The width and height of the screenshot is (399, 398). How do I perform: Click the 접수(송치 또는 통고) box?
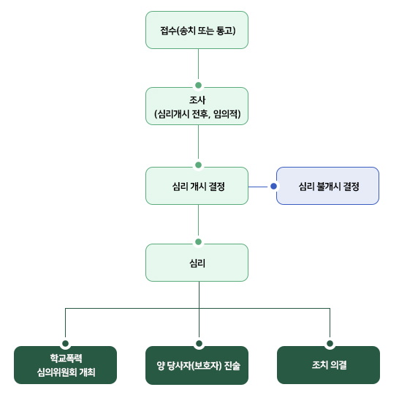197,30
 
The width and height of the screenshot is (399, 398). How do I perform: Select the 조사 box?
197,106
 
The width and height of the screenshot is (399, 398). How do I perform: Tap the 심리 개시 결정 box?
197,186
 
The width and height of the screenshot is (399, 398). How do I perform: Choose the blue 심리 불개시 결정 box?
327,186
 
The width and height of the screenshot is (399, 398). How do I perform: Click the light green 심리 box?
197,263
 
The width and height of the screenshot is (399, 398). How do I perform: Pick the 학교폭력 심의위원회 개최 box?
65,365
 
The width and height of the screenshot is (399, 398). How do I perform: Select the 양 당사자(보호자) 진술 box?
197,365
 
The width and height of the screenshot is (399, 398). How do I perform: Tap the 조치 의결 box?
328,365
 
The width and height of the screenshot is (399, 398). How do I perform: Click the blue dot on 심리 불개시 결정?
273,187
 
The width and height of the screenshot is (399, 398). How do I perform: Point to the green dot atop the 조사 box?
198,85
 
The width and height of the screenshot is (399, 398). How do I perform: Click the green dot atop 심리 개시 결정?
198,165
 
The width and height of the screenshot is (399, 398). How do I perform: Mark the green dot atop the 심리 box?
198,241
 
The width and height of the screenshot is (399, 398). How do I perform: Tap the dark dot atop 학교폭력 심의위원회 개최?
65,343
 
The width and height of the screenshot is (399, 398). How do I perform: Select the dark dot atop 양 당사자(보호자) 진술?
199,343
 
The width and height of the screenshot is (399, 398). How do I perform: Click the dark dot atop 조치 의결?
330,343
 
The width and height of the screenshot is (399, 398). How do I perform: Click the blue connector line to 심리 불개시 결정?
258,187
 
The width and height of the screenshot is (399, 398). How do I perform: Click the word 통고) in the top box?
226,31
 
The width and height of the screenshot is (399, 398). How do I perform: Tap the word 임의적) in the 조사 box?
227,113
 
